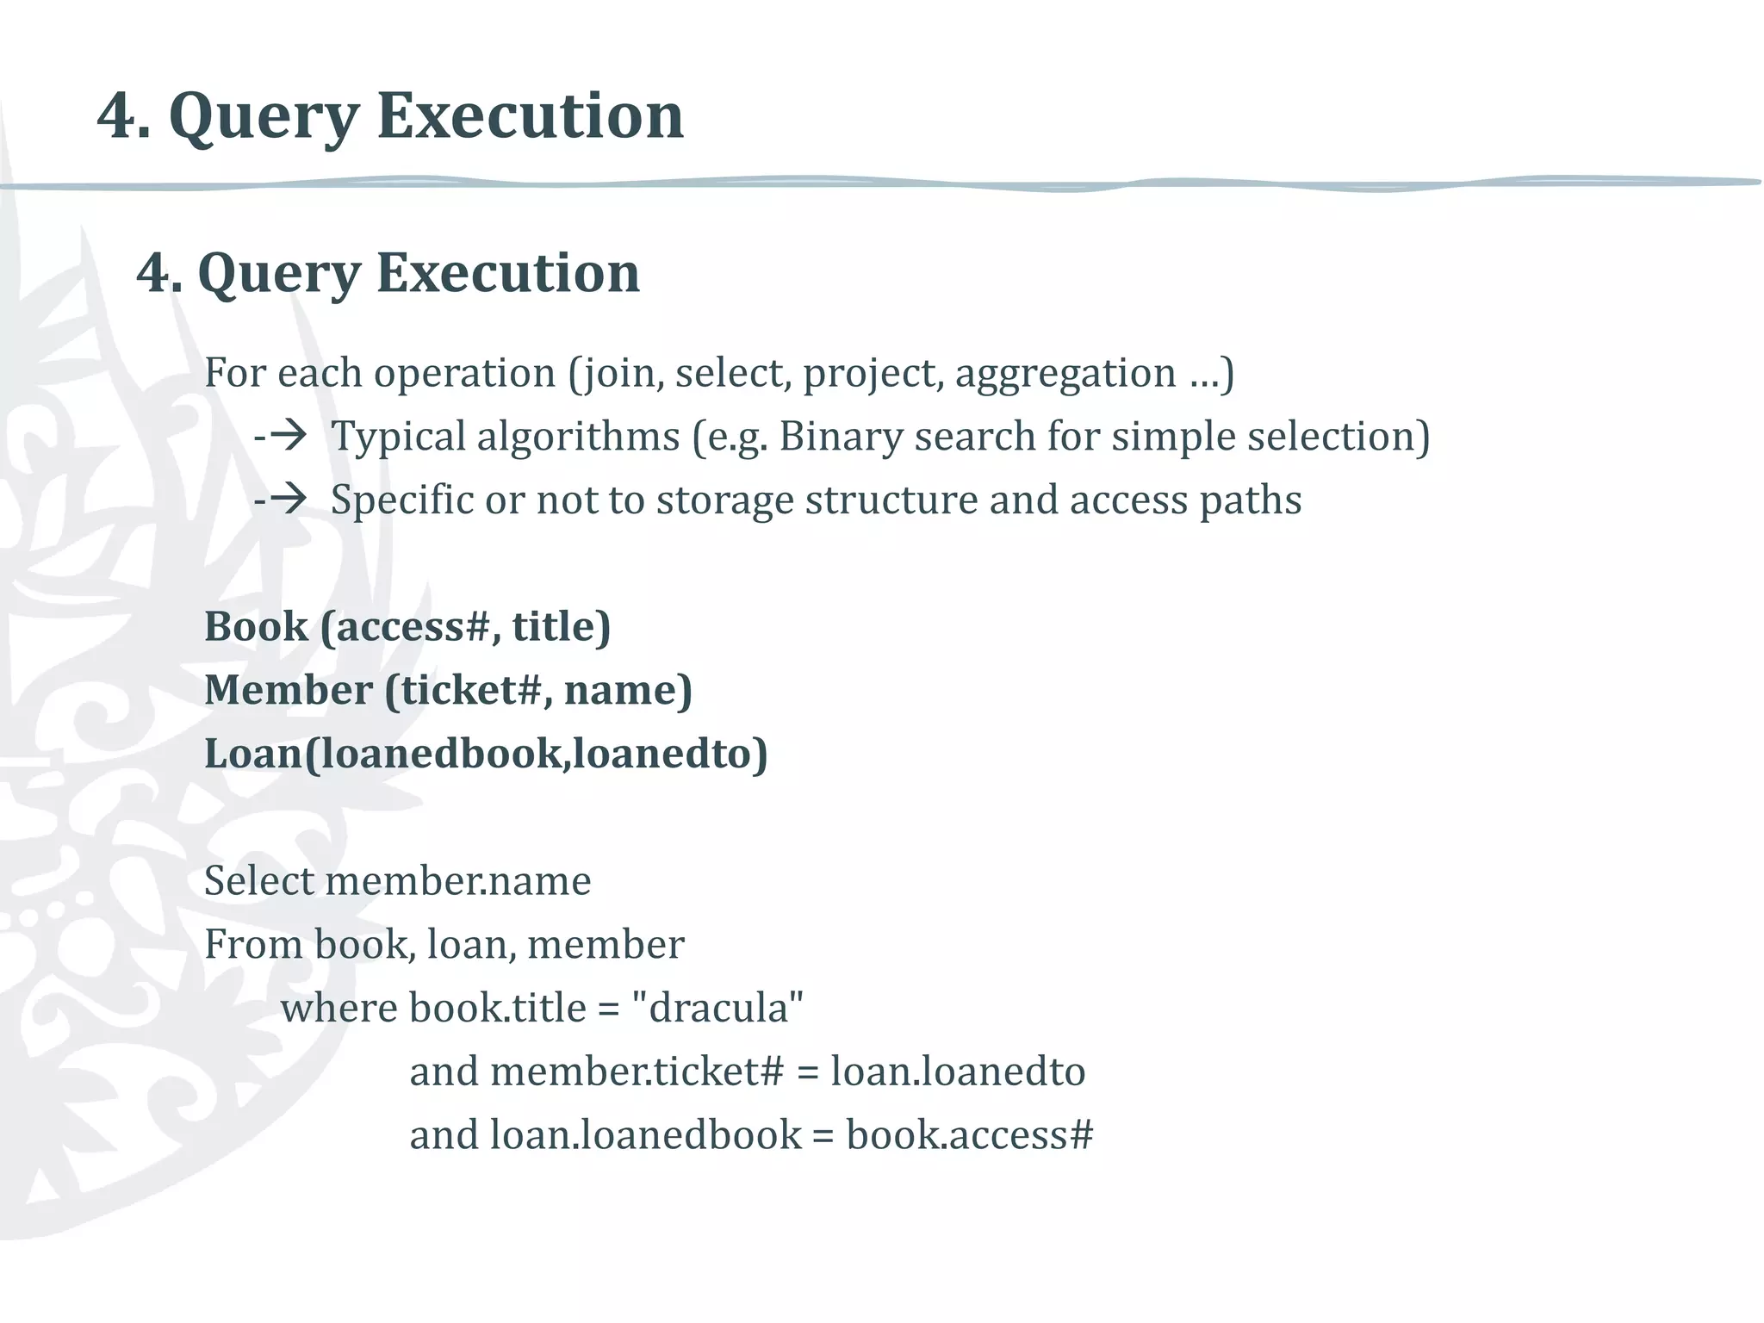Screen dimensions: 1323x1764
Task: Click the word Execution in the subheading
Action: coord(508,273)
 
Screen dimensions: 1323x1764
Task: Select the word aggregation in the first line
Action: coord(1065,374)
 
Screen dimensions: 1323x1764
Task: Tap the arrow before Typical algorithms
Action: coord(283,436)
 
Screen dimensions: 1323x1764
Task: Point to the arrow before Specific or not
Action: coord(283,499)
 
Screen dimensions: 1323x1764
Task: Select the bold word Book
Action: coord(256,626)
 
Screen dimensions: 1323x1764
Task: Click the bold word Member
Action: coord(289,690)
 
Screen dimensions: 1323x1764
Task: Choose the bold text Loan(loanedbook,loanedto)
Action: coord(486,754)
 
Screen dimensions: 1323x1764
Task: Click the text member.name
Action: coord(458,881)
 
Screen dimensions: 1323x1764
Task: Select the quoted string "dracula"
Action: coord(717,1008)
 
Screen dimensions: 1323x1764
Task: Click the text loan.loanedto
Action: coord(958,1071)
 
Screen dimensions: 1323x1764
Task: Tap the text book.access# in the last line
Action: coord(970,1135)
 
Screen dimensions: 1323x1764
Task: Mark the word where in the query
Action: coord(339,1009)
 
